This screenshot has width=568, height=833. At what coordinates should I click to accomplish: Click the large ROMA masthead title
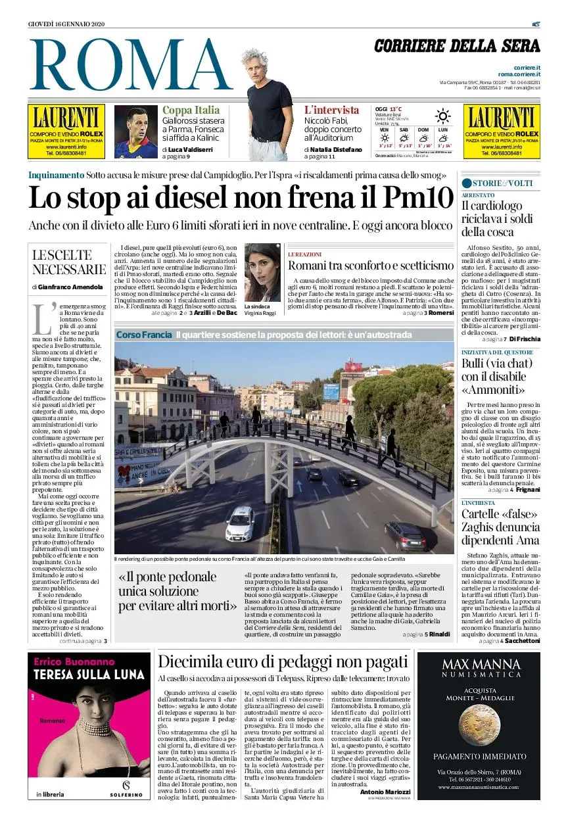tap(131, 64)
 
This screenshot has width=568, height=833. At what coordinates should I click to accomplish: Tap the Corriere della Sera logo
tap(457, 46)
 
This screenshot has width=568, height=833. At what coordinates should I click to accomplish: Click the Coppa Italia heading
tap(191, 110)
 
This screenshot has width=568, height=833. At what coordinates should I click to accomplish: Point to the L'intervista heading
tap(331, 110)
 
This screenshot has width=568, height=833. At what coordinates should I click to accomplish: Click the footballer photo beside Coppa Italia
tap(136, 131)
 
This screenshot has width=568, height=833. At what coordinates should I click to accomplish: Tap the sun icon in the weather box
tap(443, 117)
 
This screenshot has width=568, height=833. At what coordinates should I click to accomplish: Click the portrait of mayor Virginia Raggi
tap(262, 272)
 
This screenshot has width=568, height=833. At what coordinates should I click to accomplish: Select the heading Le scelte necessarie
tap(68, 262)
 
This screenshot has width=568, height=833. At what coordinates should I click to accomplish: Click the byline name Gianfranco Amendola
tap(70, 287)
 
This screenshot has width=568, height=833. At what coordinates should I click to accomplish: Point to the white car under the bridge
tap(241, 523)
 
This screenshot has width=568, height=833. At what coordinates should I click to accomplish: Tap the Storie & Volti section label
tap(497, 183)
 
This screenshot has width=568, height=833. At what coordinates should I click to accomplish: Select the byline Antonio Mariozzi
tap(385, 792)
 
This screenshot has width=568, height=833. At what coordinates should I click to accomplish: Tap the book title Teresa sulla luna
tap(89, 675)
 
